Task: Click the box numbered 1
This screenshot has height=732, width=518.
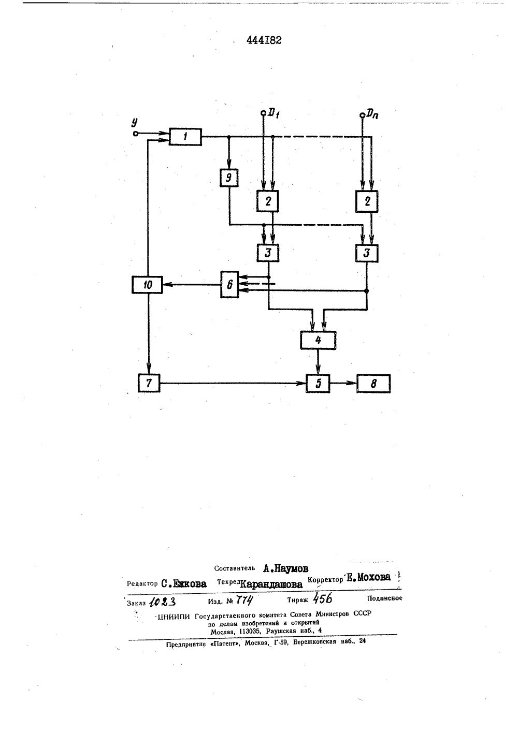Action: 185,137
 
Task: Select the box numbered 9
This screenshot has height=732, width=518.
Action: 229,178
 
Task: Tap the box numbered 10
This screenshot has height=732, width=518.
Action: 147,285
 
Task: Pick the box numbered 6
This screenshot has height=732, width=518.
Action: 229,284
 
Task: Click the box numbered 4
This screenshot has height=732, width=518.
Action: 318,340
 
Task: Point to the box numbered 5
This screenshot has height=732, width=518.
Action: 318,383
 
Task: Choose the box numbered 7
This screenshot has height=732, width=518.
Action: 149,383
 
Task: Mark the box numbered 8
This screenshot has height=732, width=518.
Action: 373,384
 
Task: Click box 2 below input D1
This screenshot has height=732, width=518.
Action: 268,201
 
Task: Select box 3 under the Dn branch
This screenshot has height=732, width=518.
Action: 367,253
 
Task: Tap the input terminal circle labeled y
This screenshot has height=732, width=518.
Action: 135,134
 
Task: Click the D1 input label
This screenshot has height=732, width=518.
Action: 273,113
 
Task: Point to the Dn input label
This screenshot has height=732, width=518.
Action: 372,114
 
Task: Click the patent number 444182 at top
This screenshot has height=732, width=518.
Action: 264,40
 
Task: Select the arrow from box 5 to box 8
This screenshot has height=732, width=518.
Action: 343,383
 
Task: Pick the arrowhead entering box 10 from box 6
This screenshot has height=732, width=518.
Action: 166,285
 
